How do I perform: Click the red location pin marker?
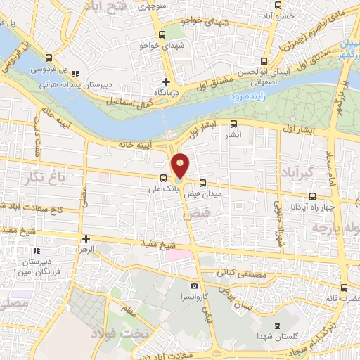181,165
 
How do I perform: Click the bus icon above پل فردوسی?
48,58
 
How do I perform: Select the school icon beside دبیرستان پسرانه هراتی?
76,74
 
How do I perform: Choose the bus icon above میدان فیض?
202,181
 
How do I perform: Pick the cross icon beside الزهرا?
86,239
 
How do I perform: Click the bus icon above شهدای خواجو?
163,34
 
